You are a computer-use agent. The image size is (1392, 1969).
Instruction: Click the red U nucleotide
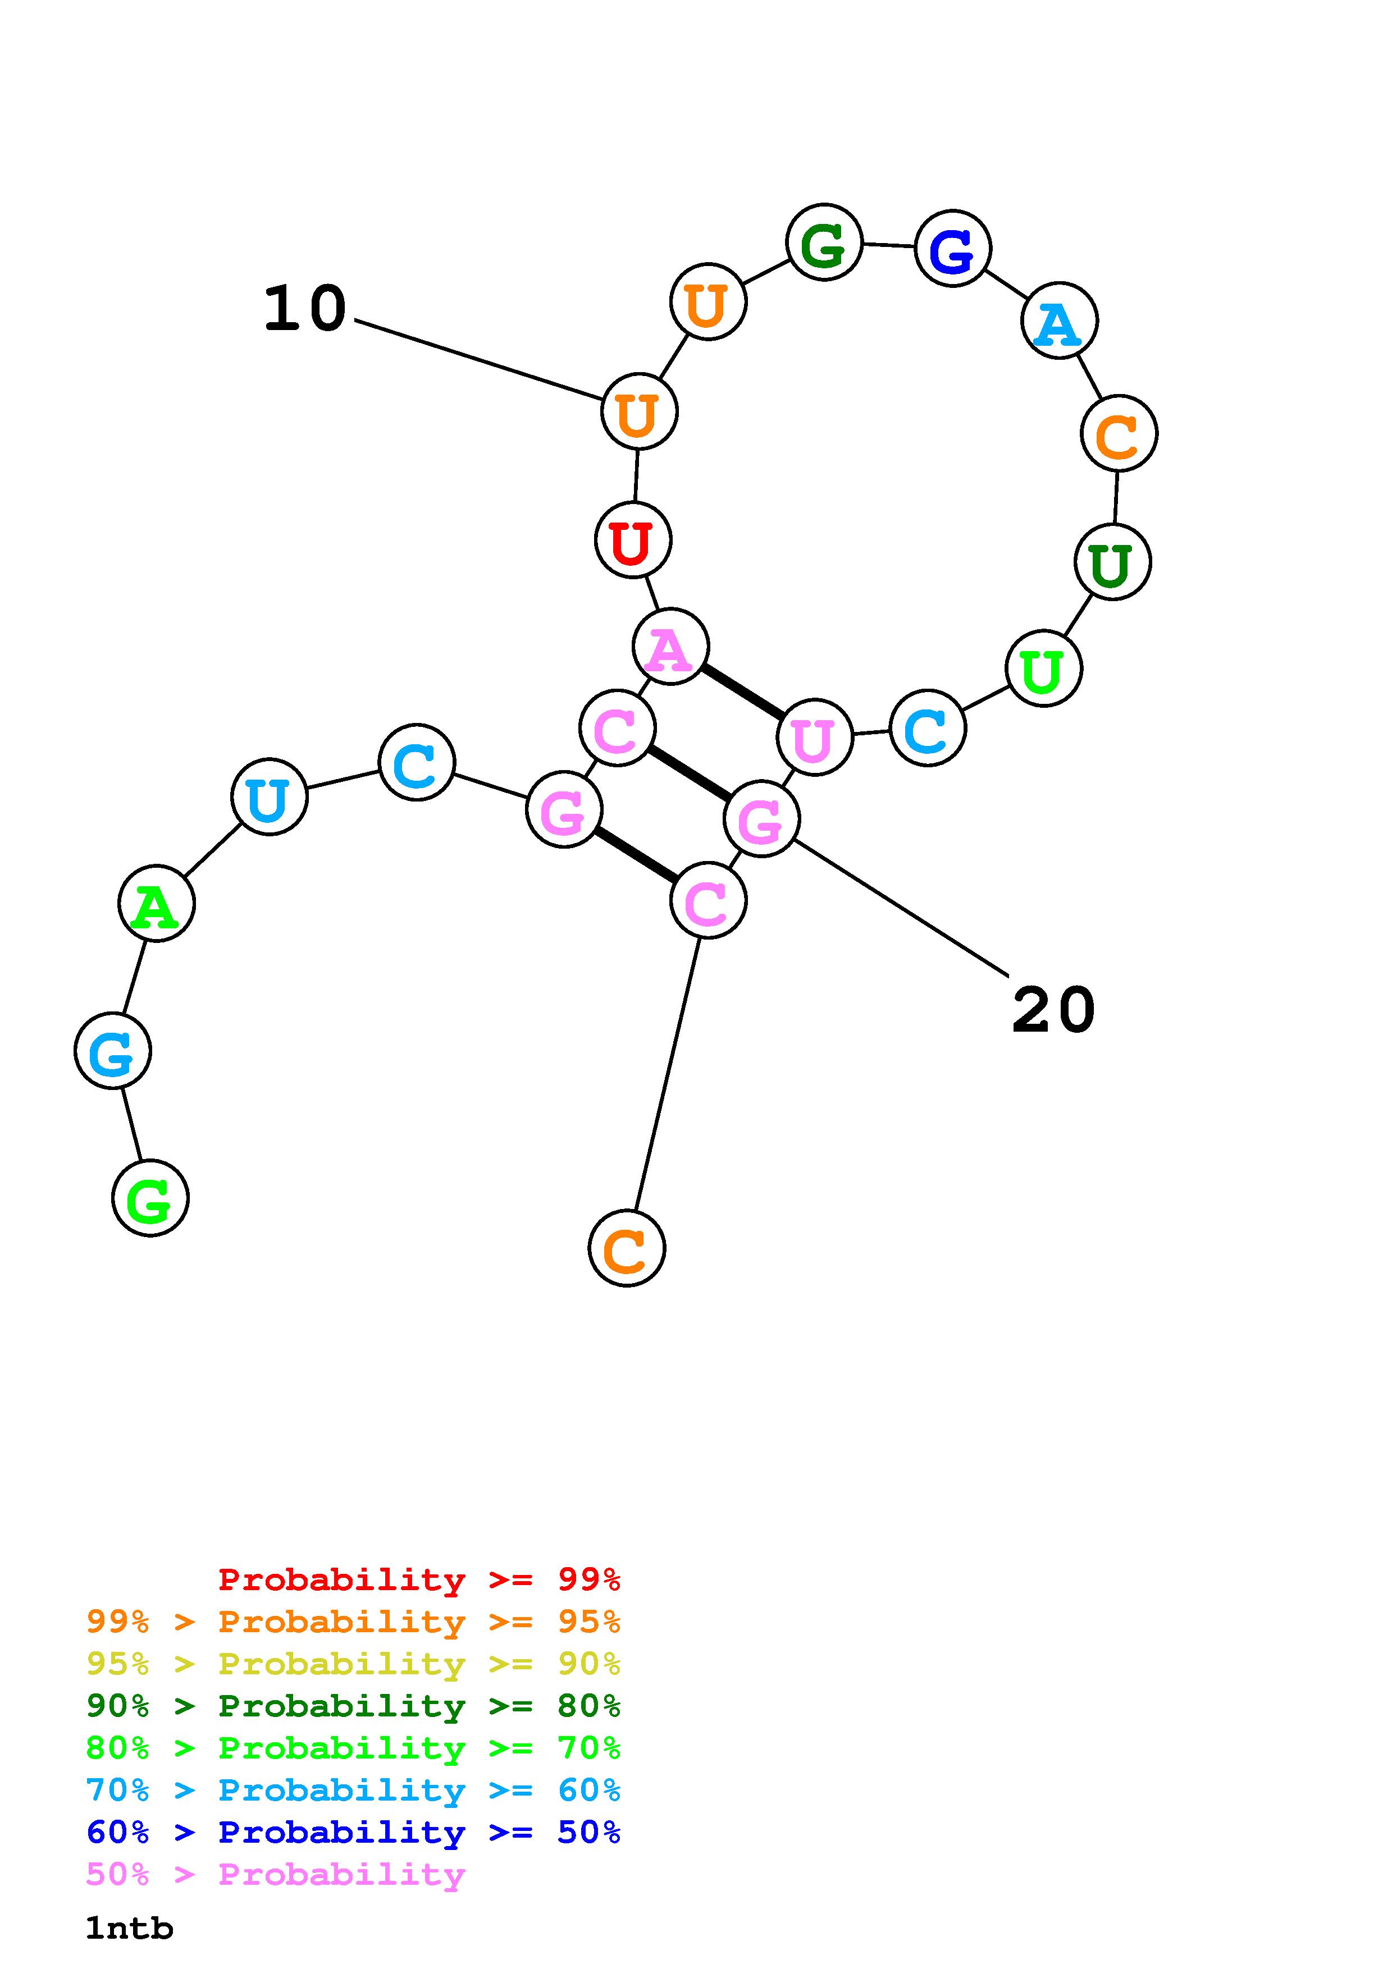pyautogui.click(x=633, y=541)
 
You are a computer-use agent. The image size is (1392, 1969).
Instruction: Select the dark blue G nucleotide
pyautogui.click(x=953, y=249)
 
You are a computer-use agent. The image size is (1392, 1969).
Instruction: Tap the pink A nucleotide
pyautogui.click(x=670, y=647)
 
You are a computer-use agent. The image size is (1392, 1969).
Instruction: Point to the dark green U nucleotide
pyautogui.click(x=1112, y=562)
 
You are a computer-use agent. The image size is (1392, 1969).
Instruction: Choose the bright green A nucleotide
pyautogui.click(x=156, y=903)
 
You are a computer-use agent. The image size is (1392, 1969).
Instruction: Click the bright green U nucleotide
pyautogui.click(x=1043, y=669)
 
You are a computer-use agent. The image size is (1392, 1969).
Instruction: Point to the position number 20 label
pyautogui.click(x=1053, y=1010)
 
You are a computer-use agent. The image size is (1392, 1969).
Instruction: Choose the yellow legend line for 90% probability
pyautogui.click(x=353, y=1664)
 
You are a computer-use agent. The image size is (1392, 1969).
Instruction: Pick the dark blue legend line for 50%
pyautogui.click(x=353, y=1833)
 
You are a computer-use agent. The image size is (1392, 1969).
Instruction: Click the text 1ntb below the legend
pyautogui.click(x=130, y=1929)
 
